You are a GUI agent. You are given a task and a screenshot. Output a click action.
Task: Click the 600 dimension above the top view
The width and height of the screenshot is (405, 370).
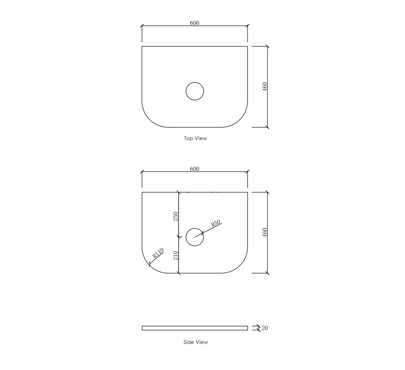[194, 23]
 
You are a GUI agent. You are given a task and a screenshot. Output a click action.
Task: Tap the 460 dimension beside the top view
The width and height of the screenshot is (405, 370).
[265, 87]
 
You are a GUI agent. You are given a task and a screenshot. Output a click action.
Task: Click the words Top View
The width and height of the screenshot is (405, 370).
[196, 138]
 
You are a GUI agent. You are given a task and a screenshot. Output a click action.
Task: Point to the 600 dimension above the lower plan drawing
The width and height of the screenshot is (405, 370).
[194, 169]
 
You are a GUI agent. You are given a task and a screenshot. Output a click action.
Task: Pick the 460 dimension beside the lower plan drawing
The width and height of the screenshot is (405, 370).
[265, 233]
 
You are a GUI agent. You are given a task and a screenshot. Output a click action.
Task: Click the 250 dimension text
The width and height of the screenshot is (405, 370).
[176, 216]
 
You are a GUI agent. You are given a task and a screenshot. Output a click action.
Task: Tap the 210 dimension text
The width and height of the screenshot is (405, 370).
[176, 255]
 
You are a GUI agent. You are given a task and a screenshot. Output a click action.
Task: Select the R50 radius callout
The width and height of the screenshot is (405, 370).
[216, 223]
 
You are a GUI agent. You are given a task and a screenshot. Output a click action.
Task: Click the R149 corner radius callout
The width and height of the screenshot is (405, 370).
[158, 253]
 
